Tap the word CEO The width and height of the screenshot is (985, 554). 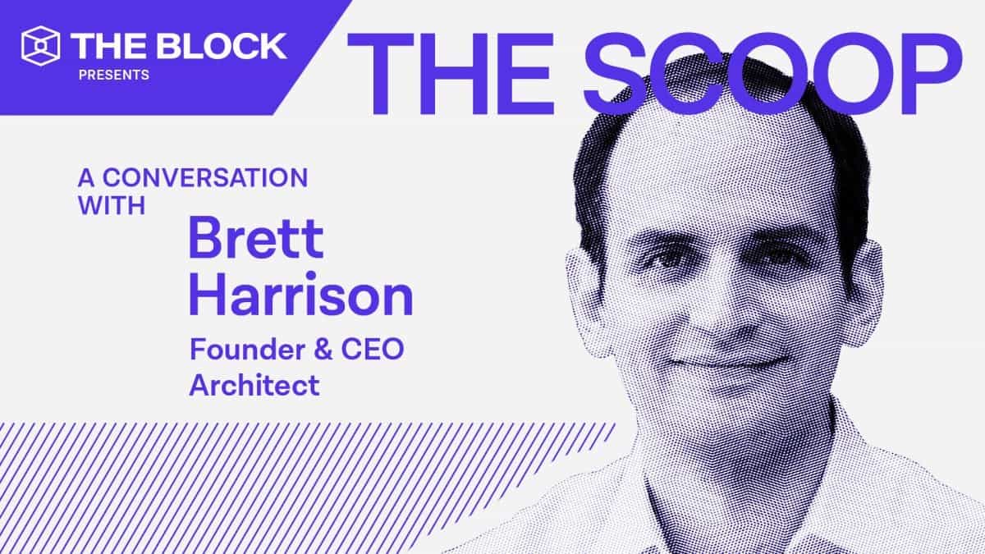pyautogui.click(x=374, y=350)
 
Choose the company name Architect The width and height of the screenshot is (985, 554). pyautogui.click(x=254, y=385)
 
